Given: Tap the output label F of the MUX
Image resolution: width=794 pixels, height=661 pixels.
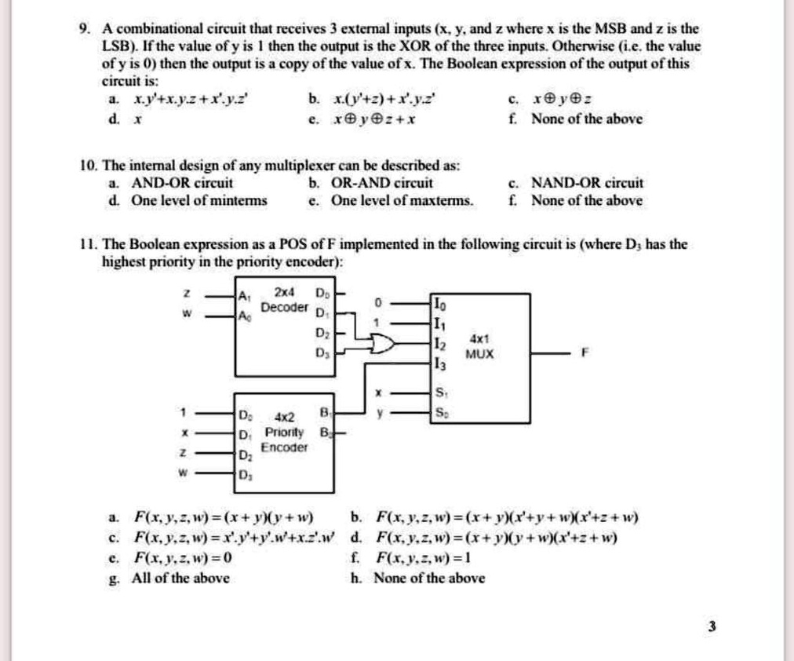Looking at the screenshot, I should (x=584, y=353).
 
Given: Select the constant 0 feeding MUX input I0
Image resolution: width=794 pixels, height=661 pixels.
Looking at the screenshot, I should (x=377, y=301).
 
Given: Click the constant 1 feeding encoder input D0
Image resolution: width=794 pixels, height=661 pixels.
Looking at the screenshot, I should (x=184, y=411).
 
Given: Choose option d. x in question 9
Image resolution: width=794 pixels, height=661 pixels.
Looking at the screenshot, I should (x=129, y=119).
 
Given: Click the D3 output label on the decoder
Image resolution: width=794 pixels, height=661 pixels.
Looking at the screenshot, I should (x=319, y=354).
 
